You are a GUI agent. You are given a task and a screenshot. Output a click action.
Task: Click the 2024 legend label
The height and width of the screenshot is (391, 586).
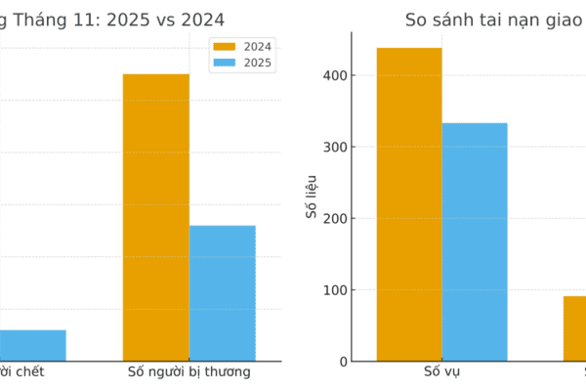pyautogui.click(x=258, y=46)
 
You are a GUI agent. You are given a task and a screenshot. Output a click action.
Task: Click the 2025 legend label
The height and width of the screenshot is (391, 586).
pyautogui.click(x=258, y=63)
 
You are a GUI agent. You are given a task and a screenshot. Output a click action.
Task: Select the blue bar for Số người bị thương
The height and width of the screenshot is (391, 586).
pyautogui.click(x=223, y=293)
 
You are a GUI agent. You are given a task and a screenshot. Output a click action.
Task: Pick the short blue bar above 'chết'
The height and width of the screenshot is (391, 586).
pyautogui.click(x=32, y=345)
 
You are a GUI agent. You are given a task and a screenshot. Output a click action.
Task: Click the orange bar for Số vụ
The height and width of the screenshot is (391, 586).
pyautogui.click(x=409, y=204)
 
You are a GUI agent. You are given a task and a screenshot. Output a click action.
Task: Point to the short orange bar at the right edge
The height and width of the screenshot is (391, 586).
pyautogui.click(x=575, y=328)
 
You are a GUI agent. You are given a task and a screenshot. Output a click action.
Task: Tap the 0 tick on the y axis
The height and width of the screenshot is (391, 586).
pyautogui.click(x=341, y=362)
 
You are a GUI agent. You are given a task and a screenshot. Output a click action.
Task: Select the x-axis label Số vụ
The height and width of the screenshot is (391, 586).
pyautogui.click(x=441, y=372)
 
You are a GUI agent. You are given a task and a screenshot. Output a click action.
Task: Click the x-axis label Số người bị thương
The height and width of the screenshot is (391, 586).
pyautogui.click(x=189, y=372)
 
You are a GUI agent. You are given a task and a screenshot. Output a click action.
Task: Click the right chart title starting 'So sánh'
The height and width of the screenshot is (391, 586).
pyautogui.click(x=494, y=20)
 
